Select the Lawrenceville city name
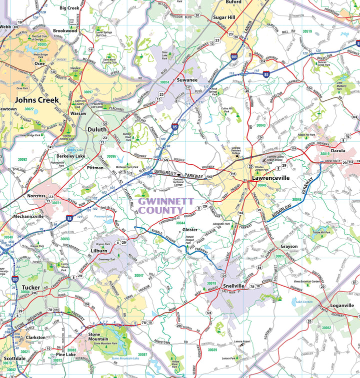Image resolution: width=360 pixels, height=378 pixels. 270,177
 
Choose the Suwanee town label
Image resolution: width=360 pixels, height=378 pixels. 187,79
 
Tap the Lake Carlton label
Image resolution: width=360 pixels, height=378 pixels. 303,302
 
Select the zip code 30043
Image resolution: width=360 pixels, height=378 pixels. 261,125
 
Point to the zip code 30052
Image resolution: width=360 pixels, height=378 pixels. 326,328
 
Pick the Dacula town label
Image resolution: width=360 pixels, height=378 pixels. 337,150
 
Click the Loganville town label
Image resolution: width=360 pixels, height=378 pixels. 342,305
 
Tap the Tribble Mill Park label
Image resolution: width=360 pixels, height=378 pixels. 321,232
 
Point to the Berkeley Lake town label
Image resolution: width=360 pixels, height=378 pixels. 70,156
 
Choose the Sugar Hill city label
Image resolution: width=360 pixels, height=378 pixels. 224,17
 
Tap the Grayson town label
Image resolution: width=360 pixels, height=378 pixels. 288,246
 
